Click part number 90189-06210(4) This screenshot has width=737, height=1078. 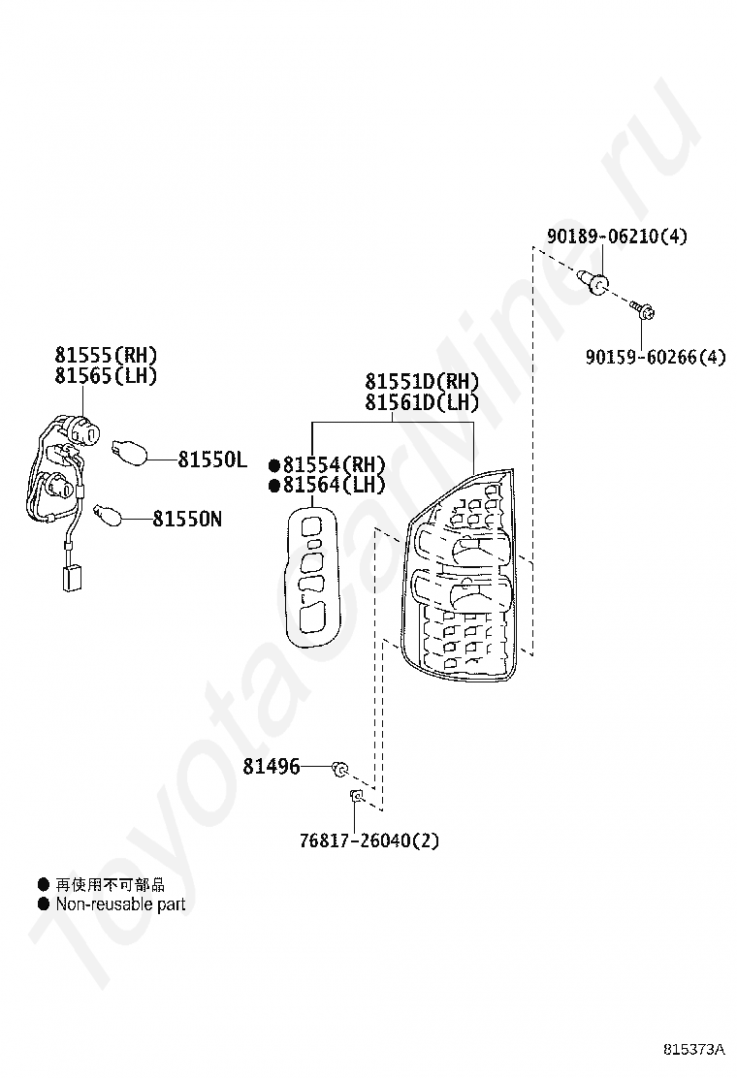pyautogui.click(x=616, y=236)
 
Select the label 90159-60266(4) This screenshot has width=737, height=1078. pyautogui.click(x=655, y=357)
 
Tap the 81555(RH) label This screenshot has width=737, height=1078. pyautogui.click(x=106, y=355)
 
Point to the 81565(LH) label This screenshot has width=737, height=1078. pyautogui.click(x=106, y=376)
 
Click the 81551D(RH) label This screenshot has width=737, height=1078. pyautogui.click(x=422, y=381)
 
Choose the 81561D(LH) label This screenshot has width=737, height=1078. pyautogui.click(x=422, y=402)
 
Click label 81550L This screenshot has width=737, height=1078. pyautogui.click(x=212, y=460)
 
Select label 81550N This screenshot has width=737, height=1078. pyautogui.click(x=186, y=519)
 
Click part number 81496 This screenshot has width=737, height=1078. pyautogui.click(x=271, y=766)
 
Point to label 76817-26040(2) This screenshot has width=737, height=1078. pyautogui.click(x=368, y=840)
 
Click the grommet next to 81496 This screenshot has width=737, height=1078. pyautogui.click(x=340, y=769)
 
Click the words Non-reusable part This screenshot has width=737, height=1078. pyautogui.click(x=119, y=904)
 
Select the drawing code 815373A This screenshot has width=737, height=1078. pyautogui.click(x=694, y=1049)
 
